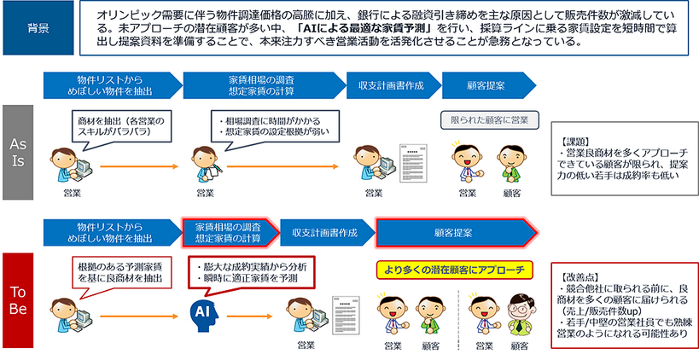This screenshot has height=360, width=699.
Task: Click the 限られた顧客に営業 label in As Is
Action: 484,119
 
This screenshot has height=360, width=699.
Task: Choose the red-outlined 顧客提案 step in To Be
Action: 456,231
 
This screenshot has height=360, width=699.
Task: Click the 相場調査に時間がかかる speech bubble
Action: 260,126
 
